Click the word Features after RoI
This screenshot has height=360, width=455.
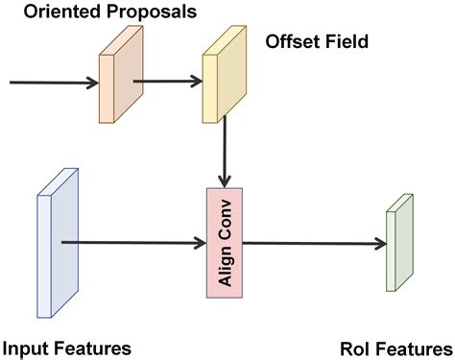pyautogui.click(x=412, y=347)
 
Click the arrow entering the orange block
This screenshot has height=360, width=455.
pyautogui.click(x=53, y=84)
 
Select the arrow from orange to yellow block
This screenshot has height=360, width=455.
pyautogui.click(x=165, y=84)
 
